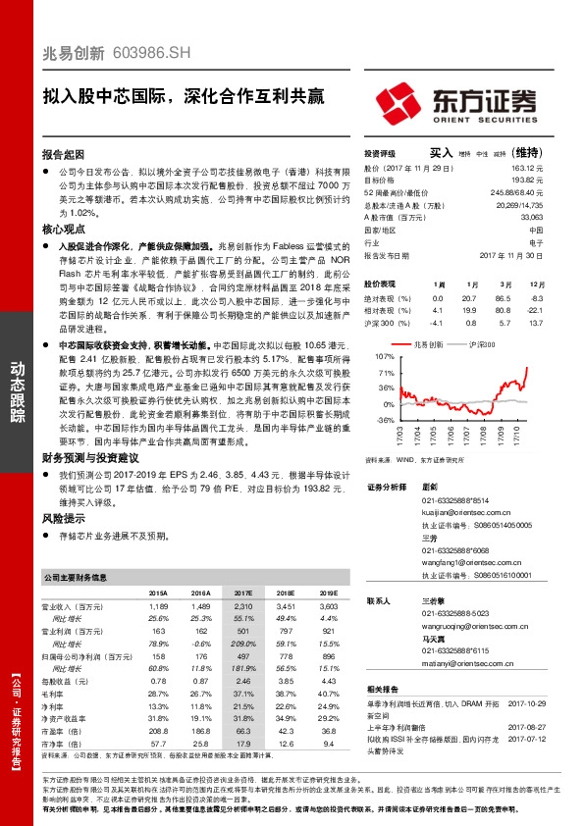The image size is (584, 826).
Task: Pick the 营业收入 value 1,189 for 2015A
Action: (157, 608)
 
